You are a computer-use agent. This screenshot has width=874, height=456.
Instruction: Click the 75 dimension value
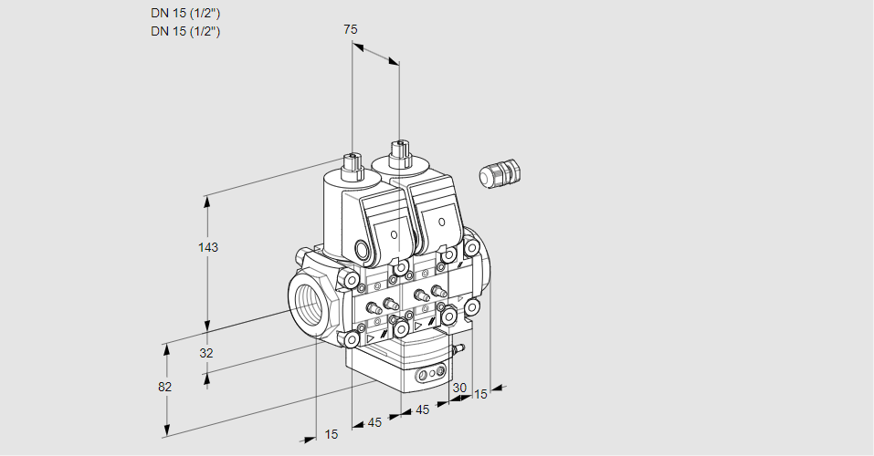(x=351, y=29)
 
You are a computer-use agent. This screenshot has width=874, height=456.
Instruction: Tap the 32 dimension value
(x=205, y=353)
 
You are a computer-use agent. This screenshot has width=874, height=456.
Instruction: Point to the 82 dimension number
(x=164, y=387)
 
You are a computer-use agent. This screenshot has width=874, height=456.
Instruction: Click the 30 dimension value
(x=459, y=388)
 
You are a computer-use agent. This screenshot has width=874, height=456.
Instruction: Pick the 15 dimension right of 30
(x=481, y=394)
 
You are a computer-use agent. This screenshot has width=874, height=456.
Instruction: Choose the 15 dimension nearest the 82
(x=332, y=434)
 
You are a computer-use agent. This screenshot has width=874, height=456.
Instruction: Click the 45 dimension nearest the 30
(x=422, y=409)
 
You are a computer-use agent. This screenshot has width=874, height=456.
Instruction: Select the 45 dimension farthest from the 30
(x=374, y=422)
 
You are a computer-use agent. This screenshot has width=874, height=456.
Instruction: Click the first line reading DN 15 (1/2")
(x=185, y=13)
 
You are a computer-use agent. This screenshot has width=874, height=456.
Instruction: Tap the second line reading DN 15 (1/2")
(x=185, y=31)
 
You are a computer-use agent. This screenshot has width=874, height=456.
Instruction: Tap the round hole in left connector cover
(x=395, y=234)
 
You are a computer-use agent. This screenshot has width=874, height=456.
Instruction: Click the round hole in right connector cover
(x=441, y=222)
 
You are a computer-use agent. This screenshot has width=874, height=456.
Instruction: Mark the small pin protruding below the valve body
(x=460, y=348)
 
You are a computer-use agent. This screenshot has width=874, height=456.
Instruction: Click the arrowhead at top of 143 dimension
(x=209, y=199)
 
